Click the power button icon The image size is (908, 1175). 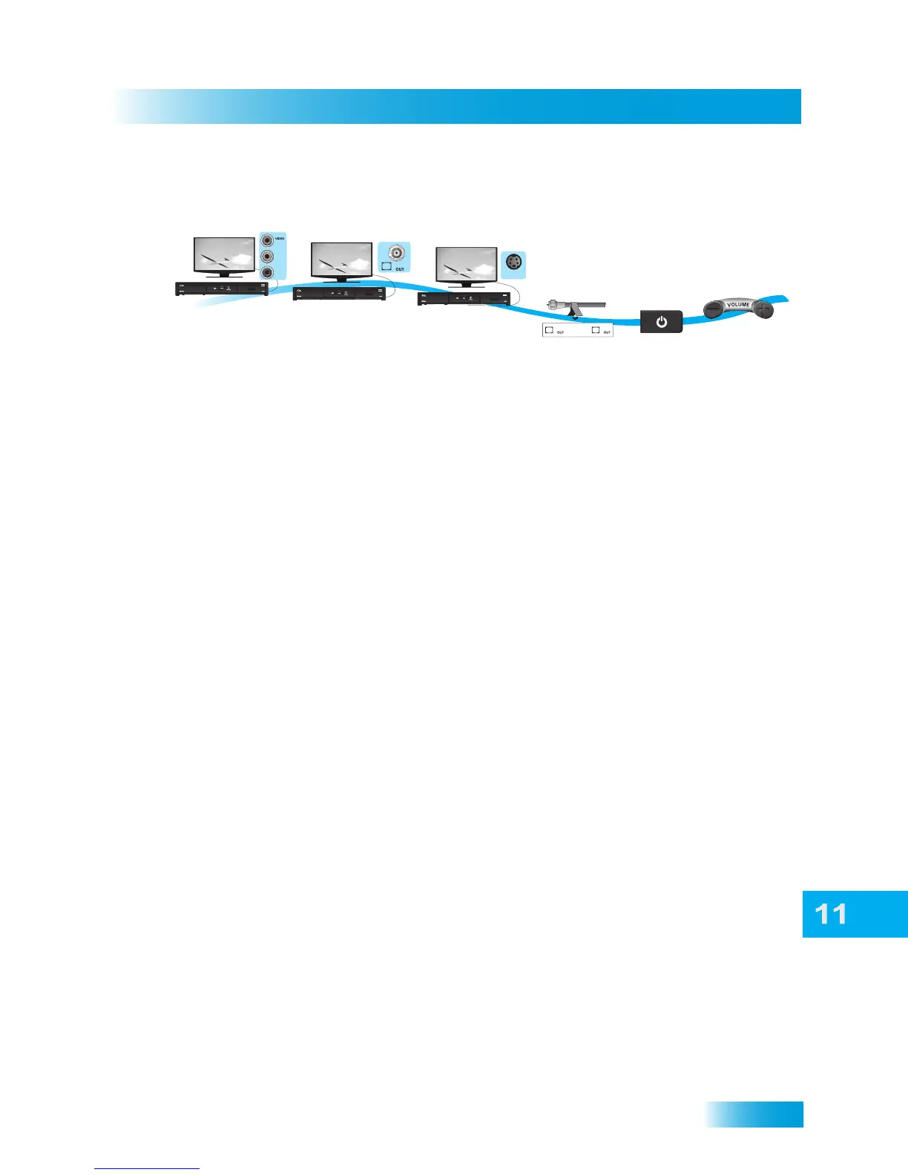click(661, 322)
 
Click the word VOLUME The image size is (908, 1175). click(737, 304)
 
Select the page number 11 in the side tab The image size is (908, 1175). click(831, 914)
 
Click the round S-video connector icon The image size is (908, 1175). click(513, 262)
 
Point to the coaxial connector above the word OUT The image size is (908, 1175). click(398, 253)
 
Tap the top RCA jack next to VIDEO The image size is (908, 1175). click(267, 240)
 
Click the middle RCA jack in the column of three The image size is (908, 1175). click(267, 257)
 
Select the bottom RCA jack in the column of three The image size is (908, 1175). click(267, 273)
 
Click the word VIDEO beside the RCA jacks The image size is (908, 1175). click(280, 239)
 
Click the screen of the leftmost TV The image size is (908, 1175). click(224, 256)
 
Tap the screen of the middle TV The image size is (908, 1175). click(341, 261)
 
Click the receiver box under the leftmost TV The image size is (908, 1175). click(221, 289)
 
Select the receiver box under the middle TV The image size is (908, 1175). click(339, 293)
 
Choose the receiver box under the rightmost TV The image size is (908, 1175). click(464, 298)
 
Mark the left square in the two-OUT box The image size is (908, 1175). click(549, 330)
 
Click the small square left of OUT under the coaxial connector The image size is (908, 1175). click(386, 266)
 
